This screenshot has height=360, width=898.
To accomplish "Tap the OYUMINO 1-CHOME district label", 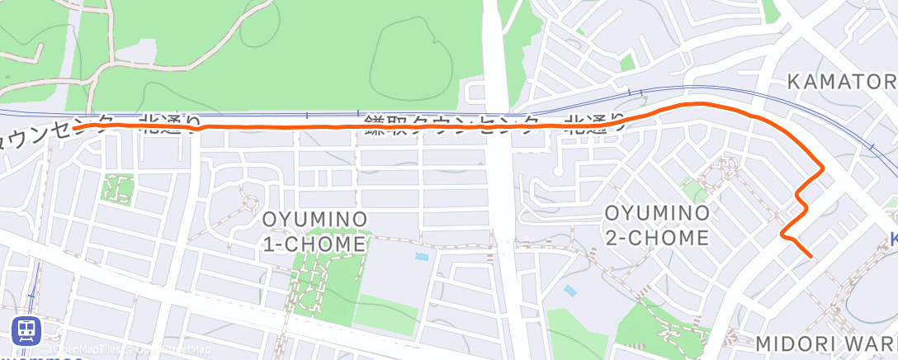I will pyautogui.click(x=314, y=232).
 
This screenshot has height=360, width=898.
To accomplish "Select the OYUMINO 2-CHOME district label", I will pyautogui.click(x=657, y=225).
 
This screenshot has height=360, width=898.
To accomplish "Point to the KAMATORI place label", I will pyautogui.click(x=840, y=82).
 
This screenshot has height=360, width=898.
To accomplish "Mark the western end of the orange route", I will pyautogui.click(x=74, y=128).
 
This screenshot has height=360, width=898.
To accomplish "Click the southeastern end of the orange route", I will pyautogui.click(x=812, y=256).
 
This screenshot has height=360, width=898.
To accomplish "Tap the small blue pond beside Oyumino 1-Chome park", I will pyautogui.click(x=422, y=257).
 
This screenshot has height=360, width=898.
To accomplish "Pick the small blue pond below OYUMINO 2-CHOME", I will pyautogui.click(x=569, y=291).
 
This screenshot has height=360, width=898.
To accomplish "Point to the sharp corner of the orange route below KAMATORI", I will pyautogui.click(x=822, y=169).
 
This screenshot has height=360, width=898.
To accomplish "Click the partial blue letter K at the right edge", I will pyautogui.click(x=894, y=239).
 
